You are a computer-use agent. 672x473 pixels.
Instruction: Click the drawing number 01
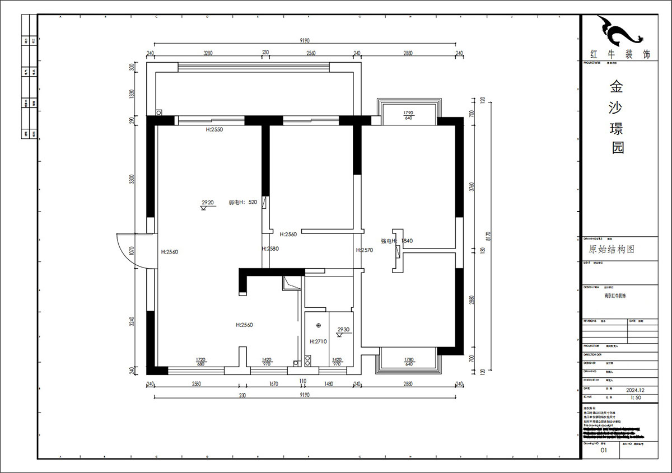[x=603, y=449]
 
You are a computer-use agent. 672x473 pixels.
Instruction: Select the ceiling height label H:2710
[x=318, y=341]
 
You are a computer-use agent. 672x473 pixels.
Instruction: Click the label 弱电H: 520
[x=242, y=203]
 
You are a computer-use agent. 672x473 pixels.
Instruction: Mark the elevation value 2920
[x=208, y=203]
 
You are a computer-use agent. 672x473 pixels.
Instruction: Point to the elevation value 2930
[x=343, y=330]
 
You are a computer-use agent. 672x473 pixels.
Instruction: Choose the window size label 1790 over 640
[x=408, y=115]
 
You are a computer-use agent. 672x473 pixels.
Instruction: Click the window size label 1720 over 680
[x=200, y=362]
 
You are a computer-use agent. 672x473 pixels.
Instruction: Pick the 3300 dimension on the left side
[x=132, y=179]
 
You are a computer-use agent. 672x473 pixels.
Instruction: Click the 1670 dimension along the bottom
[x=273, y=384]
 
